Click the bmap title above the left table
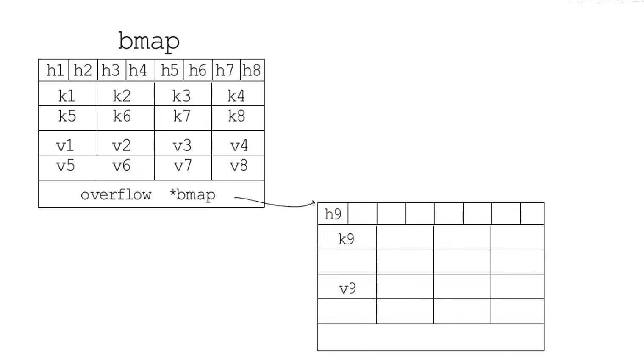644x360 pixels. (149, 41)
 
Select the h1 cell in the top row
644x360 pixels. (55, 70)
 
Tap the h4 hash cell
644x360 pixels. (138, 70)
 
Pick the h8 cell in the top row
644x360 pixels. (252, 70)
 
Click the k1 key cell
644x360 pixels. (67, 96)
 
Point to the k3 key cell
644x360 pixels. (182, 96)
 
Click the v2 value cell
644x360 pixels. (122, 145)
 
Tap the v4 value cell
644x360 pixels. (239, 145)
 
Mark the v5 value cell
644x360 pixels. (66, 166)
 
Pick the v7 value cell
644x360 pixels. (183, 166)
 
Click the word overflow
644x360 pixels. (116, 195)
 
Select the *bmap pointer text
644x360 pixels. (192, 195)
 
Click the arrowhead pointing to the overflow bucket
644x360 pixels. (313, 203)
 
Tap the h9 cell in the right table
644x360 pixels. (333, 214)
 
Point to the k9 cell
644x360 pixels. (346, 239)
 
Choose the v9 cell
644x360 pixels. (347, 288)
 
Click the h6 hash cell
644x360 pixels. (197, 70)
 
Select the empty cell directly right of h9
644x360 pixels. (362, 214)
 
